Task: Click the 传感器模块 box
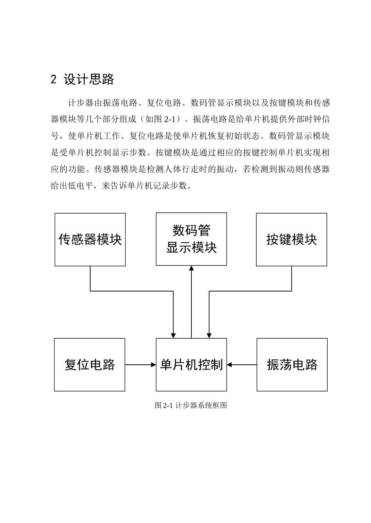click(90, 239)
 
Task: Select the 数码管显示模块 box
click(191, 239)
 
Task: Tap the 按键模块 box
click(291, 239)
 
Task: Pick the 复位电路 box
click(89, 364)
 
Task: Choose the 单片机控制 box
click(191, 364)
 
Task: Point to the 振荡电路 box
click(292, 364)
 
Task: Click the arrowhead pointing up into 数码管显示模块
click(191, 268)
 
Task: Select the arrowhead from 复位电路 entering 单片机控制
click(153, 365)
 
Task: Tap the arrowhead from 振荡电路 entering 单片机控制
click(230, 365)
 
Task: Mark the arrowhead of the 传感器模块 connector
click(173, 336)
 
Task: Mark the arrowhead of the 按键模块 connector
click(209, 336)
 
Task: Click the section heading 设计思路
click(89, 80)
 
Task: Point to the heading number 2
click(54, 80)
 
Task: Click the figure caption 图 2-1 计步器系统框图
click(191, 405)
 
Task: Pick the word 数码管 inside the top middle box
click(191, 230)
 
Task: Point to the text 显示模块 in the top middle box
click(191, 248)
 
